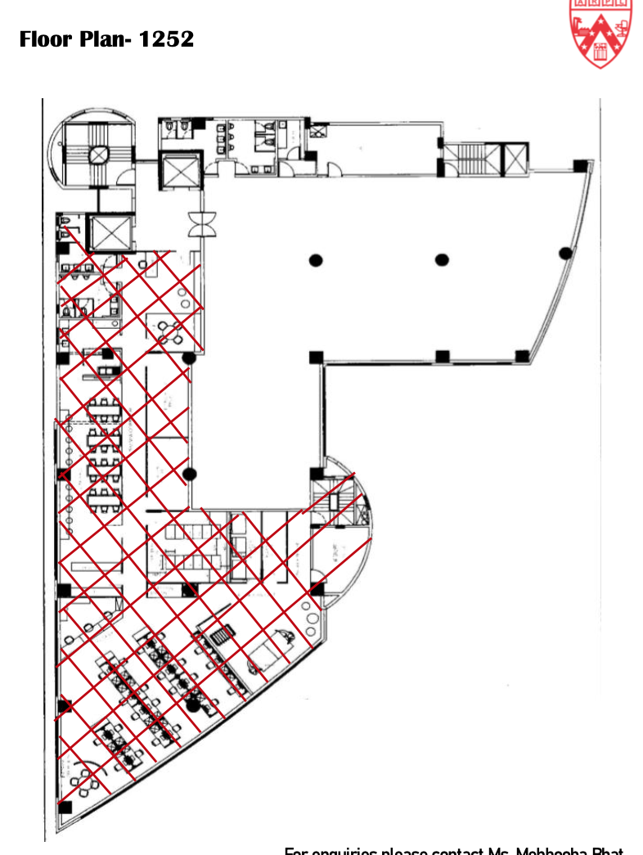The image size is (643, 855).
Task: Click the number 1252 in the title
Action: [x=166, y=38]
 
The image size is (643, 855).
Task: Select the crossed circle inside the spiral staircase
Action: [x=99, y=154]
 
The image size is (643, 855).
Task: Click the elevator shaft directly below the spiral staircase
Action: [x=109, y=233]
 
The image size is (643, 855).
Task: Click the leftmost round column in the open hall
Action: [x=316, y=260]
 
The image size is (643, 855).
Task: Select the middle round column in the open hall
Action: [x=442, y=260]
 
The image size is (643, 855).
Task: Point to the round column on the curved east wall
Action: [x=564, y=252]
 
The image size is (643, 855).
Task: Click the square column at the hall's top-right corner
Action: [x=580, y=165]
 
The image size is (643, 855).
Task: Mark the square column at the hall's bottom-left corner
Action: [x=316, y=357]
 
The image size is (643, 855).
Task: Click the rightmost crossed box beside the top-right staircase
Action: [x=515, y=157]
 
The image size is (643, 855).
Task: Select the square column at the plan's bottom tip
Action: [x=65, y=808]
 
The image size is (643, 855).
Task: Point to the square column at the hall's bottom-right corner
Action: [x=522, y=356]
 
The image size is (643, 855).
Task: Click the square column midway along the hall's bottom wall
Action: [x=442, y=356]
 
